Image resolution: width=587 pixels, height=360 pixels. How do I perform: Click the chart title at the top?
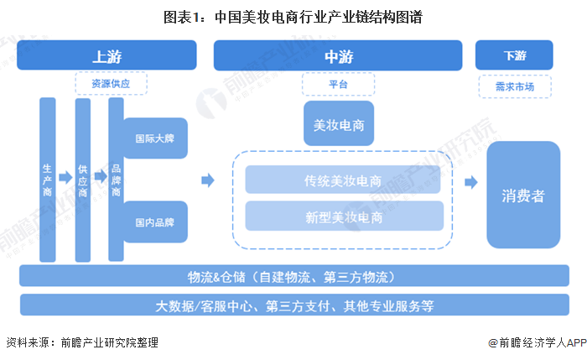(293, 16)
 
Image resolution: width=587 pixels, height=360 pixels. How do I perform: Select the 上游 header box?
(106, 55)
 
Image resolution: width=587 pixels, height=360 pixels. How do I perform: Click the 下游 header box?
(514, 55)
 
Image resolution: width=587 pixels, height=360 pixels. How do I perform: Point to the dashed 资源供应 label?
(112, 83)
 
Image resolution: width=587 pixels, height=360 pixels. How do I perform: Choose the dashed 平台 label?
(338, 84)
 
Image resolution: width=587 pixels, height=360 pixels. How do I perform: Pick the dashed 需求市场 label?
(514, 84)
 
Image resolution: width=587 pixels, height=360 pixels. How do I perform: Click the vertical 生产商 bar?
(48, 179)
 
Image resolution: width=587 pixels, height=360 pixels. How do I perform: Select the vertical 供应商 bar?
(82, 179)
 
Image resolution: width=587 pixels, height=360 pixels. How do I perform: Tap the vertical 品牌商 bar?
(116, 179)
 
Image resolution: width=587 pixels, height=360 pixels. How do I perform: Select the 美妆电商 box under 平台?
(338, 124)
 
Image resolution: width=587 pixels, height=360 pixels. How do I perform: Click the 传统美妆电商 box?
(344, 180)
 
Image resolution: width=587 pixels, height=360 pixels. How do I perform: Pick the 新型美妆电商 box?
(344, 217)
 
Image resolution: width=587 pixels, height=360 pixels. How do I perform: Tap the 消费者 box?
(523, 195)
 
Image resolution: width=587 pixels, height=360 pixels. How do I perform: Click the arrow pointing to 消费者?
(470, 182)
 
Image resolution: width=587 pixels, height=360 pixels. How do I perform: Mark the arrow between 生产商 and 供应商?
(65, 176)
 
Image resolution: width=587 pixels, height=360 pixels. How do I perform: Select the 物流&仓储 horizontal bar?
(293, 276)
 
